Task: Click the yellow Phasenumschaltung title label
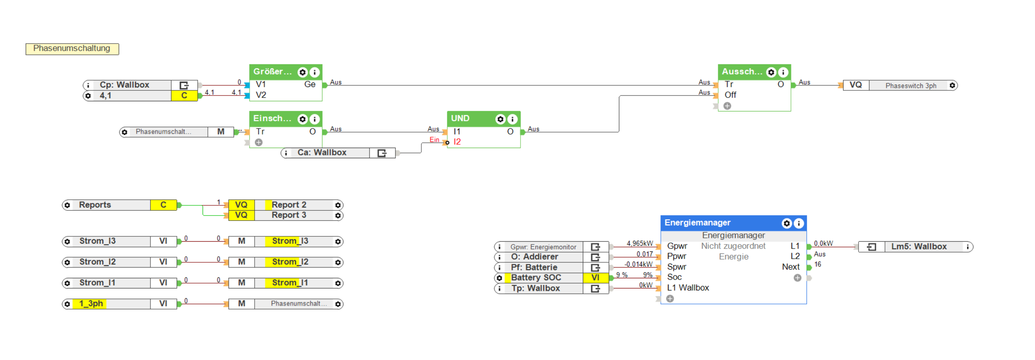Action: click(72, 49)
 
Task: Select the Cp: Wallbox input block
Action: click(124, 85)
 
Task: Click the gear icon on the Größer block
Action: click(302, 72)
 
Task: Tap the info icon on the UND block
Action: click(512, 119)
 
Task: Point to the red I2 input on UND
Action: click(457, 142)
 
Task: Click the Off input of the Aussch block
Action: click(730, 95)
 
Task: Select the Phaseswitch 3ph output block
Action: click(911, 86)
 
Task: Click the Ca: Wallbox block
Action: click(322, 153)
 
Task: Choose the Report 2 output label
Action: click(289, 205)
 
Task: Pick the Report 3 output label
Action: click(289, 215)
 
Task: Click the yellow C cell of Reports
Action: click(163, 205)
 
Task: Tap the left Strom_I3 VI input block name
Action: click(98, 241)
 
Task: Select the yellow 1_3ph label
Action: click(91, 304)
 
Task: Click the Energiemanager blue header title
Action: click(697, 223)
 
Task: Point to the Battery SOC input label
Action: click(536, 278)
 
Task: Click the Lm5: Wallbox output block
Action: click(919, 247)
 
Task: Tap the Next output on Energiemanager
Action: click(791, 267)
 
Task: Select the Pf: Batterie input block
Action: click(534, 268)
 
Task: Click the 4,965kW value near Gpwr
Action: click(639, 244)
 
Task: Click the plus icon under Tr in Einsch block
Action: click(259, 142)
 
